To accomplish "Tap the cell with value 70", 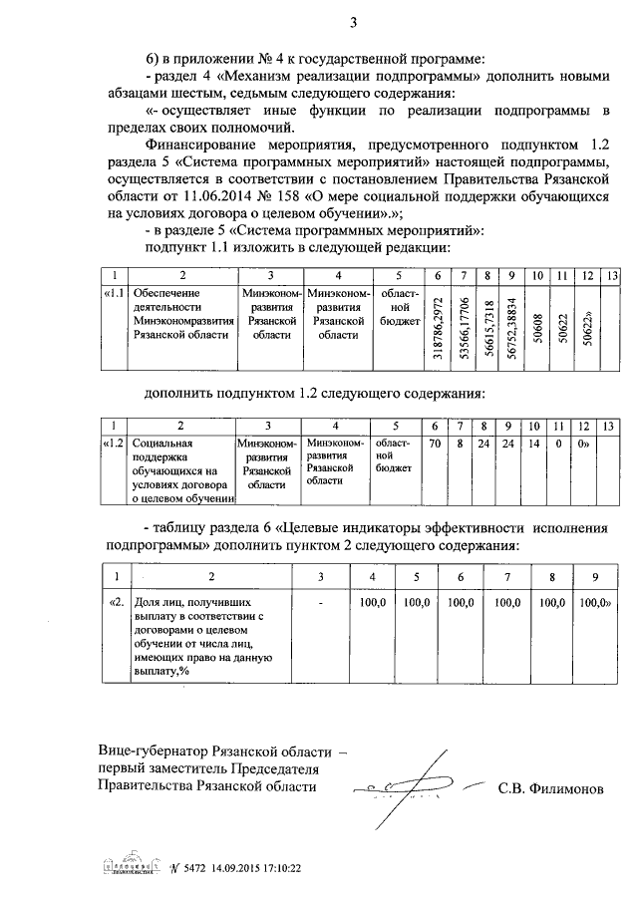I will (434, 443).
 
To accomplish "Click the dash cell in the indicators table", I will (321, 603).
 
